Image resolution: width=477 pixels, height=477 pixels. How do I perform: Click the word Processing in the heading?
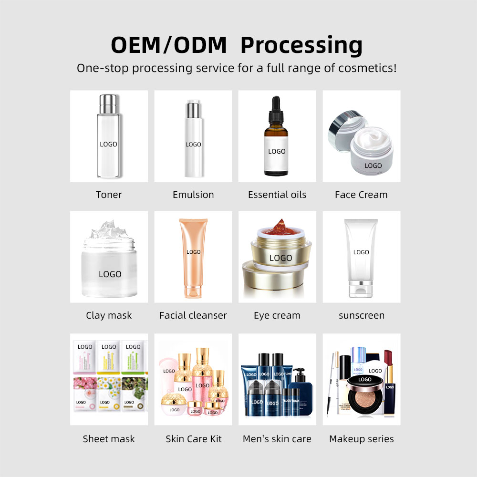tap(301, 45)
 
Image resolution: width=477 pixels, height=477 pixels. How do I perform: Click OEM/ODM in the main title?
tap(169, 45)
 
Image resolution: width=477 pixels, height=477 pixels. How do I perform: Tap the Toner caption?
tap(109, 195)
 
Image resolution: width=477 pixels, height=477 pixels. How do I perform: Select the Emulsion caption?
tap(193, 195)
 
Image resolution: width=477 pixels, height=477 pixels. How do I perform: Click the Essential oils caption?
tap(277, 195)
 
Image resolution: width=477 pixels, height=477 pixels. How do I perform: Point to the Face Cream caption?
tap(361, 195)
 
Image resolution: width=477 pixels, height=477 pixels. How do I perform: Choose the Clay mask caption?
tap(109, 315)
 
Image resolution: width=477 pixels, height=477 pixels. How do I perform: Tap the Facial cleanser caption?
tap(193, 315)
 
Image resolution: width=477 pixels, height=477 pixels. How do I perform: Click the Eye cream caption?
tap(277, 315)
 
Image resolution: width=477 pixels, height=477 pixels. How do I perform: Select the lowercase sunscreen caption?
tap(362, 315)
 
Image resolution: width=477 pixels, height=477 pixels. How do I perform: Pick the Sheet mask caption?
tap(109, 439)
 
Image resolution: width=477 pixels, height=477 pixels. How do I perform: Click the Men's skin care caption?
tap(277, 439)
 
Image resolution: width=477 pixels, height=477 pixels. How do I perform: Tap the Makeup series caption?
tap(362, 439)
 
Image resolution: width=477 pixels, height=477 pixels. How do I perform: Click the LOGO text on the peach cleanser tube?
tap(193, 252)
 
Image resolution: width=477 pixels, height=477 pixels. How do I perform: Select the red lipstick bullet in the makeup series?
tap(388, 358)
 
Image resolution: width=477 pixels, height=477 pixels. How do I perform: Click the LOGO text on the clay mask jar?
tap(110, 274)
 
